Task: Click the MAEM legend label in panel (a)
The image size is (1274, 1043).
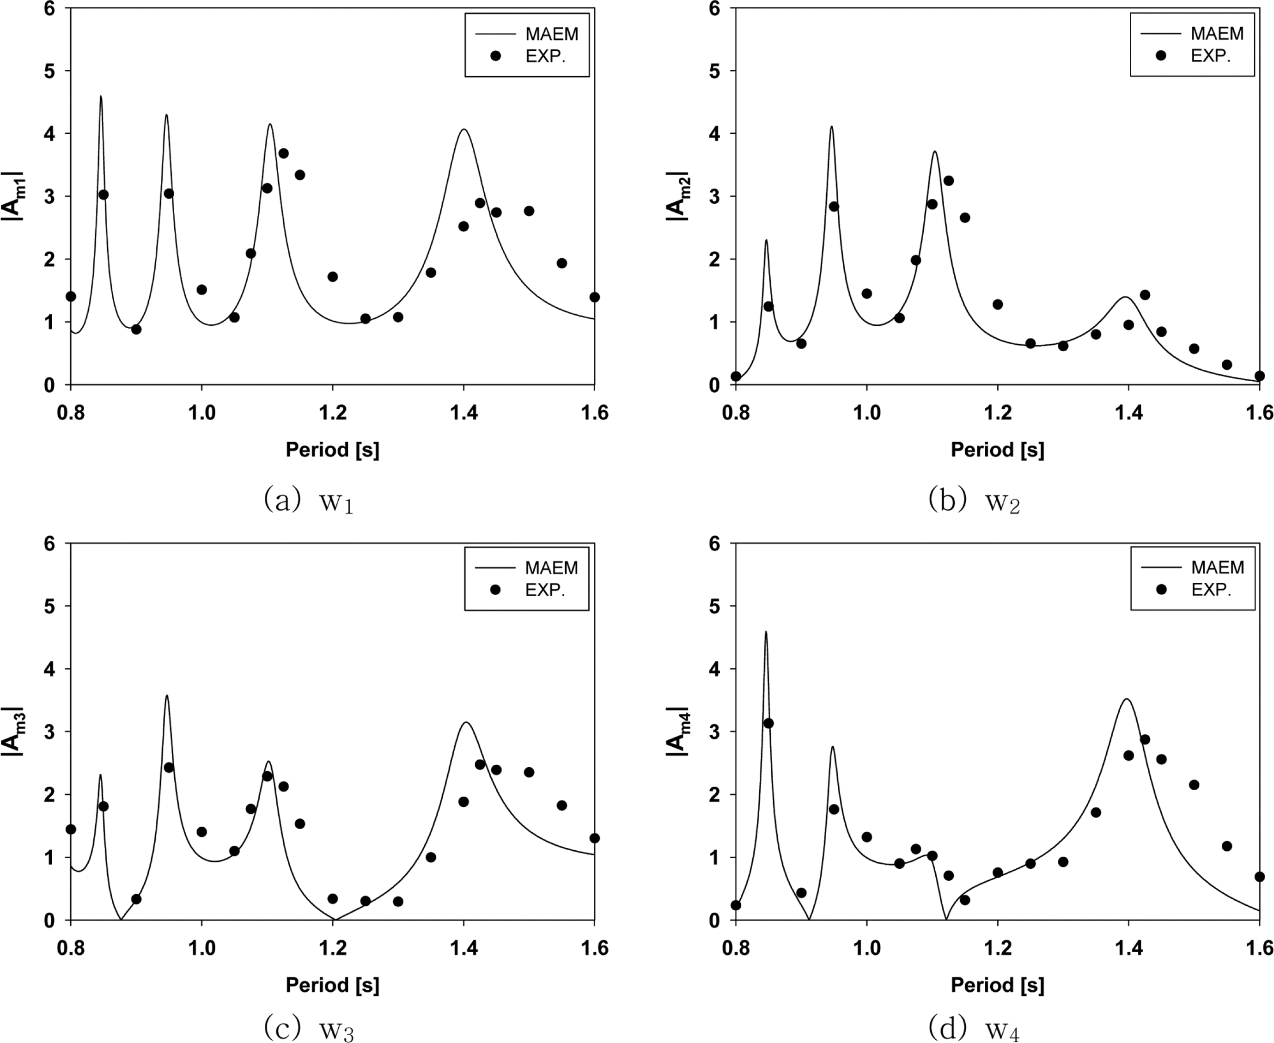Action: click(551, 34)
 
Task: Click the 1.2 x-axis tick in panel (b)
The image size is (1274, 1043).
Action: click(997, 413)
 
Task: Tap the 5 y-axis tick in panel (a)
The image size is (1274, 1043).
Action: click(49, 71)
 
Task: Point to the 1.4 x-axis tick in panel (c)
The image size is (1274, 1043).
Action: click(463, 948)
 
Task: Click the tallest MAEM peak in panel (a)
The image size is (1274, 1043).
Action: click(100, 97)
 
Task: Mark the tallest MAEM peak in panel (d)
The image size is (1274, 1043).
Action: click(765, 631)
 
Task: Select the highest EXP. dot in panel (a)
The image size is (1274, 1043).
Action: click(284, 153)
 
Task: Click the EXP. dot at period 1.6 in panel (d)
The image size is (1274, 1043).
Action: click(1260, 877)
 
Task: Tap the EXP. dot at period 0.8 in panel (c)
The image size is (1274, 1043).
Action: click(71, 829)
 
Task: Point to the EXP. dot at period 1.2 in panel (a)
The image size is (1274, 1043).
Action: click(333, 277)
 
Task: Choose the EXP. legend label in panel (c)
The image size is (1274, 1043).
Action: click(545, 590)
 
